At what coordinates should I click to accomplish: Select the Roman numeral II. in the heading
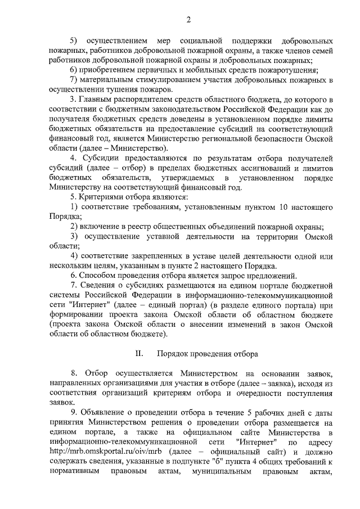click(x=139, y=354)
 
